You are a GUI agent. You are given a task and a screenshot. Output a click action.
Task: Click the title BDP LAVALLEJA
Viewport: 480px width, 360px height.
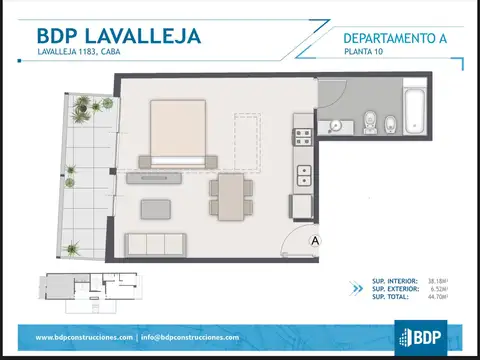pos(119,36)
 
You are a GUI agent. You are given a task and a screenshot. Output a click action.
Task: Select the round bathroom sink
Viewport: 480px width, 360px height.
pos(335,125)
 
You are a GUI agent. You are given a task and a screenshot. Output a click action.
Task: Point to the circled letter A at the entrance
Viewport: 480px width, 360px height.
pos(314,240)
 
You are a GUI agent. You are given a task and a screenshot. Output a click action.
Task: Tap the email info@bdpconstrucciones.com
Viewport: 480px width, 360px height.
pos(190,337)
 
